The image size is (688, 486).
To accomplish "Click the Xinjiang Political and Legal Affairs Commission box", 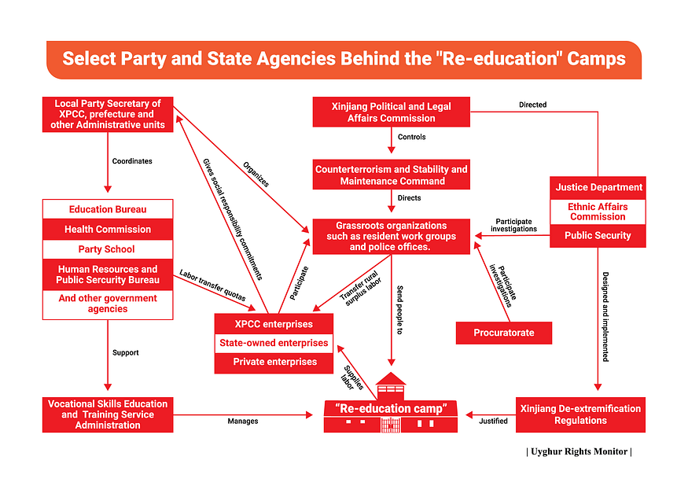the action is (x=391, y=112).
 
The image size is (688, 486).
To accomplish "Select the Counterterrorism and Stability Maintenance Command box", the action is (x=391, y=175).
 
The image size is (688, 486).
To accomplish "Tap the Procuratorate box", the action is (x=503, y=333).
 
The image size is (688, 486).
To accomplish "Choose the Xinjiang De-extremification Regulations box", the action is (x=580, y=414).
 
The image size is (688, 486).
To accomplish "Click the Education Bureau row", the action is (x=108, y=209).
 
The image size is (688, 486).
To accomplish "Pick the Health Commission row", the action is (x=108, y=230).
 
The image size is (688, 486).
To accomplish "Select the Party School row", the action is (x=108, y=249).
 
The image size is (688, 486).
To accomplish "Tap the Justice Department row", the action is (x=598, y=188).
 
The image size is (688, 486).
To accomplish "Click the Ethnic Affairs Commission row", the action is (x=598, y=212).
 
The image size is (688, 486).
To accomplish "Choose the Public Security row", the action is (x=598, y=235).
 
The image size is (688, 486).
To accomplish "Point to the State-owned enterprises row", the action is (x=274, y=343).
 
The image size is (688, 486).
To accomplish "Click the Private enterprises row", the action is (x=274, y=362).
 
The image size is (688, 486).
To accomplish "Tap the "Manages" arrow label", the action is (x=243, y=422).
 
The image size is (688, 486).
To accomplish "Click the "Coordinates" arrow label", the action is (x=132, y=161).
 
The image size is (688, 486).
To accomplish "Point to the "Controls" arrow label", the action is (x=411, y=137).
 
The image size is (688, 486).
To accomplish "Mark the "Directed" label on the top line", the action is (x=532, y=105).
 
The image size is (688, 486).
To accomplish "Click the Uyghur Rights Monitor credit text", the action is (x=579, y=451).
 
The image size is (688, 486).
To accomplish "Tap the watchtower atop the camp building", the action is (x=391, y=385).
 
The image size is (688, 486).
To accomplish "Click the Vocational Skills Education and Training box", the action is (x=108, y=414).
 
